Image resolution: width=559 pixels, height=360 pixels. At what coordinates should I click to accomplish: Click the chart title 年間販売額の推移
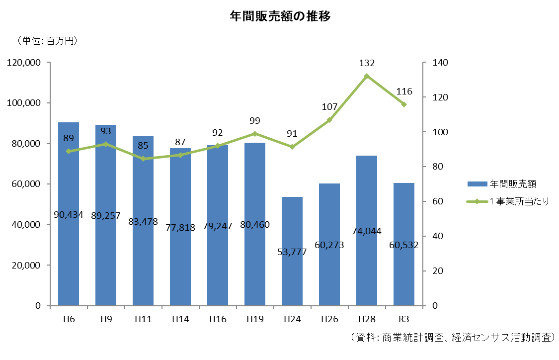point(280,16)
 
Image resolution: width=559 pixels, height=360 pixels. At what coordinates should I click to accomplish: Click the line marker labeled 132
point(367,76)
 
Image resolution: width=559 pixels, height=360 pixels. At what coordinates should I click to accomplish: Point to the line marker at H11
point(143,159)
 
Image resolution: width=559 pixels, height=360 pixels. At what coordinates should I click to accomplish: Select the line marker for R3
point(404,104)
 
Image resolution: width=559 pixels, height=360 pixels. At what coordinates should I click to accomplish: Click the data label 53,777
point(292,252)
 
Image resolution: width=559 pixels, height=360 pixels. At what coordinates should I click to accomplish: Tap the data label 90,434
point(69,215)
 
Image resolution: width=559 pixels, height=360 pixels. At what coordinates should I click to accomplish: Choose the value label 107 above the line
point(329,107)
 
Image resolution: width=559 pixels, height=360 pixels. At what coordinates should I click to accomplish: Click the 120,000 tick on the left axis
point(23,63)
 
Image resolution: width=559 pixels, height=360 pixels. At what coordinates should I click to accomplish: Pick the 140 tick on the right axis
point(440,63)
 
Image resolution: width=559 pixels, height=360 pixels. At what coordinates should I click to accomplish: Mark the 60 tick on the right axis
point(438,202)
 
